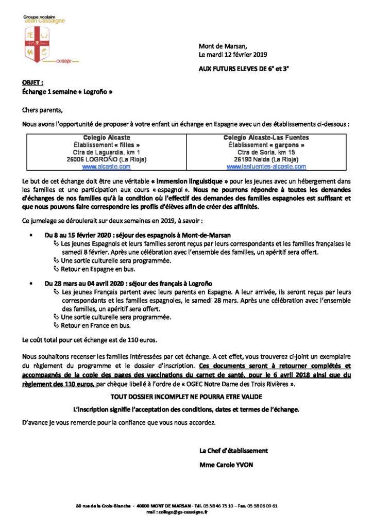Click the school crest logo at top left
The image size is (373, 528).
click(35, 44)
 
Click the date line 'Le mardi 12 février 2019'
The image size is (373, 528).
click(233, 54)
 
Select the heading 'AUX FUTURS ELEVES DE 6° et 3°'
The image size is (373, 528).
click(244, 68)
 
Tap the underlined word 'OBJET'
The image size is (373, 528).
click(33, 82)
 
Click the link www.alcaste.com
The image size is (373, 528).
click(106, 167)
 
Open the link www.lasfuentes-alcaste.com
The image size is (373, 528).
click(266, 167)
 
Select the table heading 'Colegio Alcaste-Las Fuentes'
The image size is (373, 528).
click(266, 138)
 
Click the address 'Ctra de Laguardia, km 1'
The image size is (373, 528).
click(106, 153)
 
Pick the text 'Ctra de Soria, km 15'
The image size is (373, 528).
click(266, 153)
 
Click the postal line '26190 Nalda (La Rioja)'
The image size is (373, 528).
click(266, 160)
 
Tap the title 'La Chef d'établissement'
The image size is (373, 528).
click(233, 450)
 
